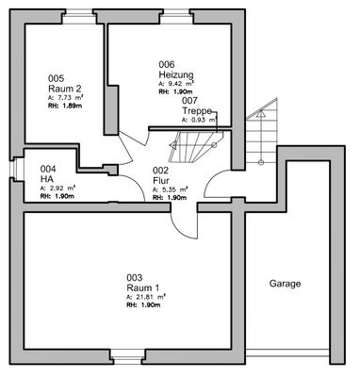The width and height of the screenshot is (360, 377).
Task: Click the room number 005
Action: pos(56,78)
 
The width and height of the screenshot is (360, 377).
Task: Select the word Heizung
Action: pos(176,74)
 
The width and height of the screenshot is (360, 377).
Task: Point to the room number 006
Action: pos(167,64)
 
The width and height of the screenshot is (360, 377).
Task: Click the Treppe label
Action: pos(196,110)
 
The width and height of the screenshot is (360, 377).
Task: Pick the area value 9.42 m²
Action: pos(178,83)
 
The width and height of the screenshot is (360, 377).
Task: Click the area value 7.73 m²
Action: pos(67,97)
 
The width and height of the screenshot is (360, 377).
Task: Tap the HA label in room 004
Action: pos(46,178)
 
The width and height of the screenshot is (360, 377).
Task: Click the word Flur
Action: pos(161,180)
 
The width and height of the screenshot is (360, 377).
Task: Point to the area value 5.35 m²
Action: pos(172,189)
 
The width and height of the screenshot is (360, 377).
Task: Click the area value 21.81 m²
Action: pos(148,297)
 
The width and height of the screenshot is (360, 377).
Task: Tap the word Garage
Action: pos(285,283)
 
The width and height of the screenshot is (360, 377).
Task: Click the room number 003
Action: pos(135,277)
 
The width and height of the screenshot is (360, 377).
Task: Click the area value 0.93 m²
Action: pos(202,120)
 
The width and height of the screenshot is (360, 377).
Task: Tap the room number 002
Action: pos(160,170)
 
